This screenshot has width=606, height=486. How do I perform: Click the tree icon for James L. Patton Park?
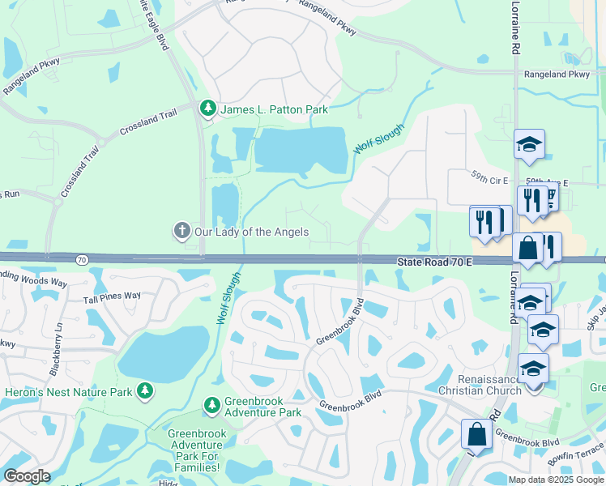[x=208, y=109]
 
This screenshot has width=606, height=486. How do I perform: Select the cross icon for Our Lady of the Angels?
[x=181, y=232]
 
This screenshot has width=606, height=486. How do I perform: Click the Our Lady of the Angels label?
[x=252, y=232]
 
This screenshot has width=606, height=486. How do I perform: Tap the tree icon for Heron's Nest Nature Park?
[x=145, y=392]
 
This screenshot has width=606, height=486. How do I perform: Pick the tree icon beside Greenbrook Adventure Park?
[x=211, y=403]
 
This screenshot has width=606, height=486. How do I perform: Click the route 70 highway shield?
[x=82, y=260]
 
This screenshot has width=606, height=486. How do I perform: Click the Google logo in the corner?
[x=27, y=475]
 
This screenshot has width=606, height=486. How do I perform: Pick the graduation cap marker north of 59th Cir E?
[x=529, y=145]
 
